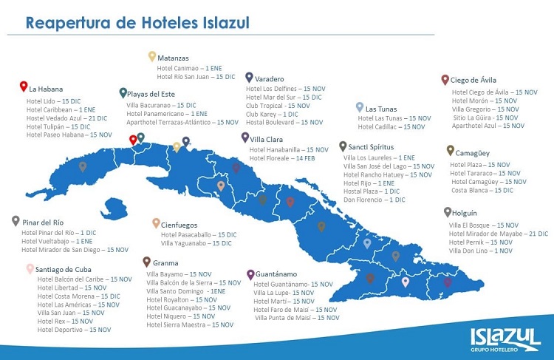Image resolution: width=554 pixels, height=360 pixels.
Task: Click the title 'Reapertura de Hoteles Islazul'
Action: pyautogui.click(x=137, y=23)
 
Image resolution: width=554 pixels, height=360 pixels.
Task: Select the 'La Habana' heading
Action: pyautogui.click(x=46, y=89)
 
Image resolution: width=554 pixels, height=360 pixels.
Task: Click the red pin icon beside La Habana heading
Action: pyautogui.click(x=23, y=86)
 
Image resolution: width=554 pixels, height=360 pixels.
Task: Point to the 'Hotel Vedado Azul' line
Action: pyautogui.click(x=66, y=118)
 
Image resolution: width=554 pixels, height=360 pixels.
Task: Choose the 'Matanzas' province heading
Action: pyautogui.click(x=173, y=58)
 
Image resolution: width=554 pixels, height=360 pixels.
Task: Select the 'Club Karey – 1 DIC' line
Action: pyautogui.click(x=272, y=114)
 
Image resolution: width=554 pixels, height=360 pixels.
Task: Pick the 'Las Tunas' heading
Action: pyautogui.click(x=382, y=109)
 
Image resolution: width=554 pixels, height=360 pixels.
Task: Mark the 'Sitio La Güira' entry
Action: pyautogui.click(x=485, y=118)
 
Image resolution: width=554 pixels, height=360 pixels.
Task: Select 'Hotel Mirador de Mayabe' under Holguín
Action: pyautogui.click(x=498, y=234)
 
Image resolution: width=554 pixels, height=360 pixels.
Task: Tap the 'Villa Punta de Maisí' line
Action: pyautogui.click(x=297, y=318)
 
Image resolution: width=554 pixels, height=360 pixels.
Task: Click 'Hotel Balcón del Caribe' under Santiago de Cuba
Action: pyautogui.click(x=84, y=279)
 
